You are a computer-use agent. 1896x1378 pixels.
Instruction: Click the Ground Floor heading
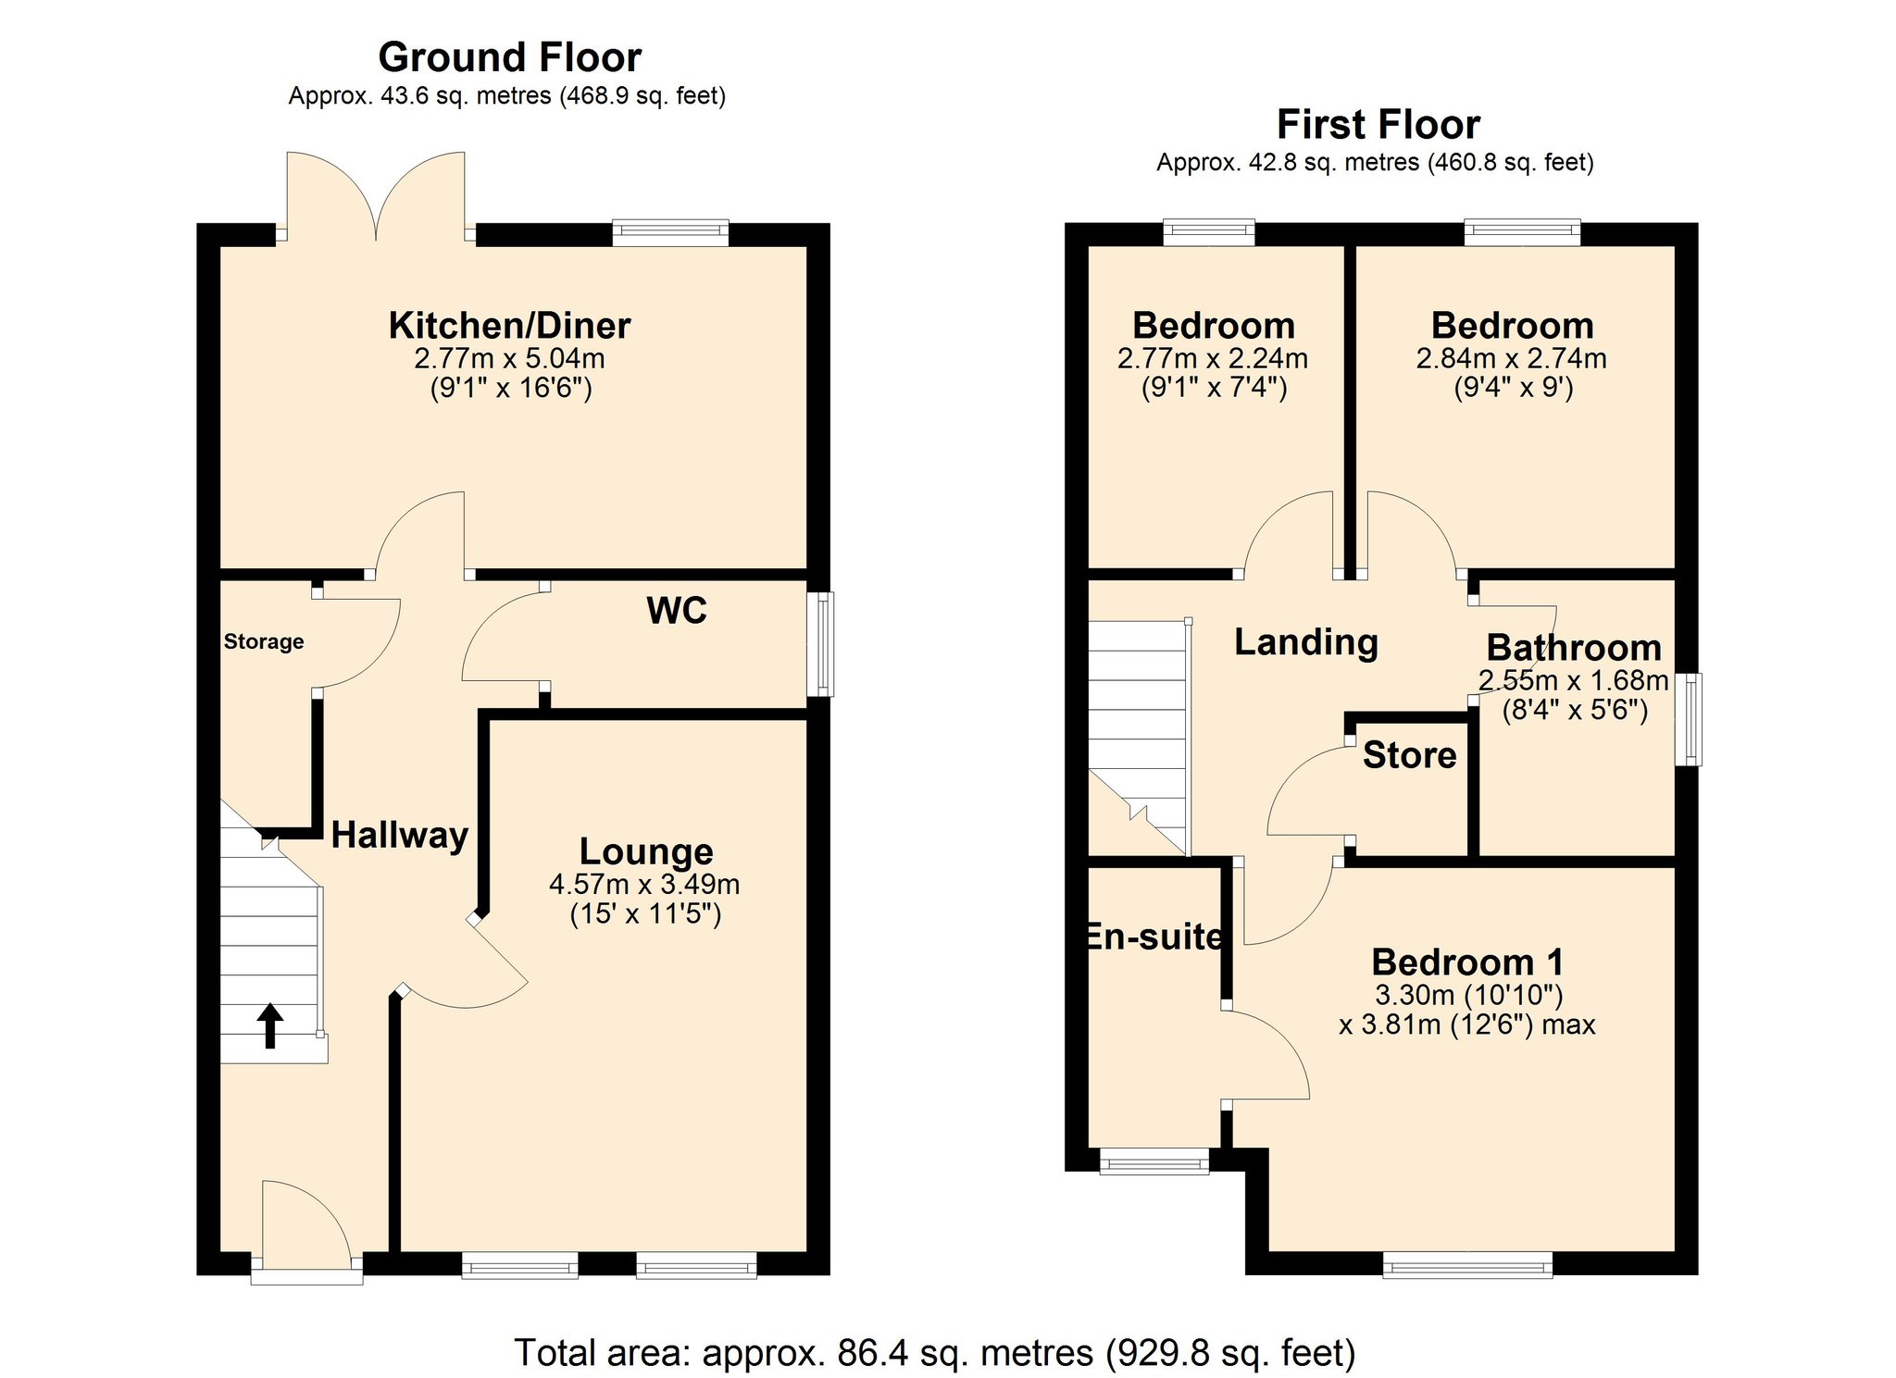(509, 57)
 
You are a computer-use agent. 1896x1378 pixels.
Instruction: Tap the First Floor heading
(1378, 125)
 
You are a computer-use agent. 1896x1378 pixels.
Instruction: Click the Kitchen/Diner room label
(509, 326)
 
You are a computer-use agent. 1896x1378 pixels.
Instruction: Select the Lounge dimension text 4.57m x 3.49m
(644, 885)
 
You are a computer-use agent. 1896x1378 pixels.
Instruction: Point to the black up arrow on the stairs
(269, 1025)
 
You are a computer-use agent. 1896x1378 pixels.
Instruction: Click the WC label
(677, 611)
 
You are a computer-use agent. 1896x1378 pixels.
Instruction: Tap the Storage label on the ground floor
(264, 641)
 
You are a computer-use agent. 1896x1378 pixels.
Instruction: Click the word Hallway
(399, 836)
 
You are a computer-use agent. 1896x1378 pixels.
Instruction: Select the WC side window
(820, 644)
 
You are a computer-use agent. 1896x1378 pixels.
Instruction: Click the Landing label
(1305, 642)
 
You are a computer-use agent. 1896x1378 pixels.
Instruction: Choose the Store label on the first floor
(1409, 756)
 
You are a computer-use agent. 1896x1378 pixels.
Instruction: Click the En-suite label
(1154, 937)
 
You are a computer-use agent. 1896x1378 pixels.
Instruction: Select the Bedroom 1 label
(1467, 962)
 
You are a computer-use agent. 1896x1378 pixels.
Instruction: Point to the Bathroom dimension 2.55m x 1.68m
(1573, 681)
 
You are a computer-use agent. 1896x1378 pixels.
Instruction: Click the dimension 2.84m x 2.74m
(1511, 359)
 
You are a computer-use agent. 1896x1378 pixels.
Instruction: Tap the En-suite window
(1154, 1161)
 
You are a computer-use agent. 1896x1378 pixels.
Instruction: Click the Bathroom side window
(1689, 719)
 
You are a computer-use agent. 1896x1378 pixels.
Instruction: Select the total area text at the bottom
(935, 1353)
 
